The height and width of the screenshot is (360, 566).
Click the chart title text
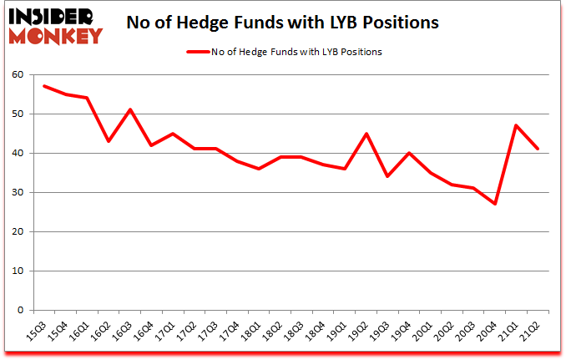pos(282,23)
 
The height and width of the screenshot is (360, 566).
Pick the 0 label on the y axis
pos(19,310)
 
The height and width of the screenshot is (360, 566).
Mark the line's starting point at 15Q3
pos(44,86)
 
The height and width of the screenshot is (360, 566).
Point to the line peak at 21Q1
pos(516,125)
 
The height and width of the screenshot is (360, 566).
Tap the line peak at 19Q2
pos(366,134)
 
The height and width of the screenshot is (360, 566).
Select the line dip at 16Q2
pos(109,141)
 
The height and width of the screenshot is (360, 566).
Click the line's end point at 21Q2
pos(537,149)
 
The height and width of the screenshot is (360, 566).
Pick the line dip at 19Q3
pos(387,176)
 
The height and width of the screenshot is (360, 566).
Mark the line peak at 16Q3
pos(130,109)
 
